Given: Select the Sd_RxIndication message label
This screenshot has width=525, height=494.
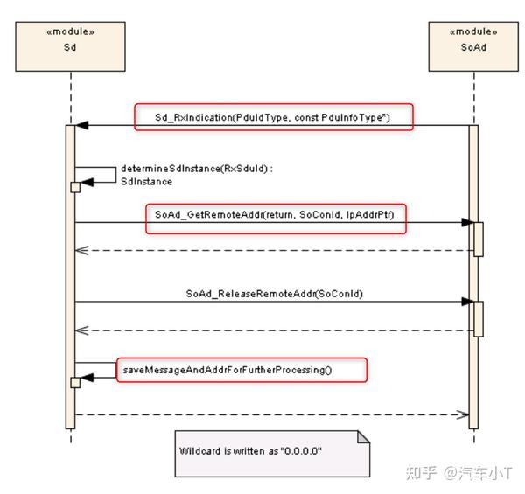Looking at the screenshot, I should point(273,117).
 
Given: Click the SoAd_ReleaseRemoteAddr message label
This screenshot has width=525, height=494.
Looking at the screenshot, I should point(274,294).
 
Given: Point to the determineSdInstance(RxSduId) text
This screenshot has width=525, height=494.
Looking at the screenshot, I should point(180,170).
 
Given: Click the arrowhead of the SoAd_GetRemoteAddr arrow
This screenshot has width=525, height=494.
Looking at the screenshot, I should point(466,223).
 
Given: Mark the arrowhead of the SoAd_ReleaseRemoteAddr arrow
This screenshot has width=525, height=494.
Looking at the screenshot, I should point(466,302).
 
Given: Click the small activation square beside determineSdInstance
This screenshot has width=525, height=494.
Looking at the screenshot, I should point(75,187).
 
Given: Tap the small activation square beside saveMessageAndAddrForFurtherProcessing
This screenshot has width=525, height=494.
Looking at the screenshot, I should point(75,382).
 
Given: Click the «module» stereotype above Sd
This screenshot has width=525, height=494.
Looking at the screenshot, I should point(69,31).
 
